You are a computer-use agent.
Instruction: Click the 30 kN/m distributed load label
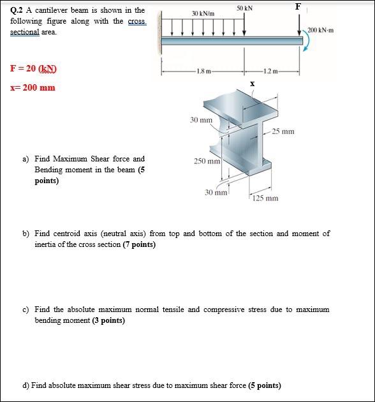(x=203, y=13)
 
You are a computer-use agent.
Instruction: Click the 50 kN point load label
(x=244, y=8)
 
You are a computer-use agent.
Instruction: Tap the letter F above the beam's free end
(x=298, y=6)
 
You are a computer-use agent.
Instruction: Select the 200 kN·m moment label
(x=321, y=30)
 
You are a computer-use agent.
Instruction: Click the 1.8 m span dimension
(x=203, y=71)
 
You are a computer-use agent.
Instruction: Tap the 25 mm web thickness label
(x=283, y=131)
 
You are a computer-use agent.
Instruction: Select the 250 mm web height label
(x=207, y=161)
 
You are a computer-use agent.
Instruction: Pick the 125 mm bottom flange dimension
(x=265, y=198)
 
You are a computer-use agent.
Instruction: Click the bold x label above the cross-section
(x=253, y=84)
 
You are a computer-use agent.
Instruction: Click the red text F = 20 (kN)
(x=33, y=69)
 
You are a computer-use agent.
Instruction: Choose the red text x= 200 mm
(x=33, y=87)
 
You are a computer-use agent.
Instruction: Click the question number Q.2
(x=17, y=10)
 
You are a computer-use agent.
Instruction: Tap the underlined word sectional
(x=25, y=33)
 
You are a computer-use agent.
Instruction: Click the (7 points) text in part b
(x=139, y=244)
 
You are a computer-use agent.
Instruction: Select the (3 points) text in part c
(x=108, y=320)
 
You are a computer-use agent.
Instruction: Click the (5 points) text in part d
(x=265, y=385)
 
